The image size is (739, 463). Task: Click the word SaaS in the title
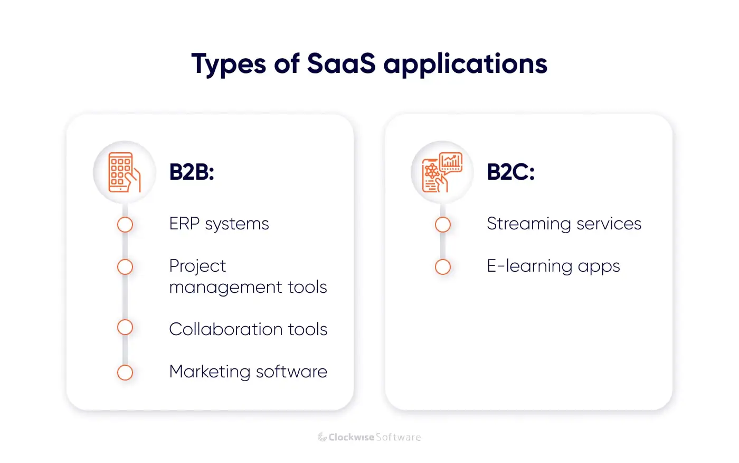[x=341, y=64]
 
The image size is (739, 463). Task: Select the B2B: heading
[x=192, y=172]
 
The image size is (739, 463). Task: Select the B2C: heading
[x=510, y=172]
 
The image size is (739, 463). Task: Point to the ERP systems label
[x=219, y=224]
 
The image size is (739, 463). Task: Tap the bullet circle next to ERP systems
[x=125, y=225]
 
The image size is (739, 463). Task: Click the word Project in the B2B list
[x=197, y=266]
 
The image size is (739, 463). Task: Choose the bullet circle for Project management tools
[x=125, y=267]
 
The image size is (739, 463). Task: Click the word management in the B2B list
[x=225, y=287]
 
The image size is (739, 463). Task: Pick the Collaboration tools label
[x=248, y=329]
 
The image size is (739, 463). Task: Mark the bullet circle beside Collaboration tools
[x=125, y=328]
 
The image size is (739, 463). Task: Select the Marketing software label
[x=248, y=372]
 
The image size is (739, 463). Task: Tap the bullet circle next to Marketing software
[x=125, y=373]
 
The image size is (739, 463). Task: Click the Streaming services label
[x=564, y=224]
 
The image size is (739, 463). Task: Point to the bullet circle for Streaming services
[x=443, y=225]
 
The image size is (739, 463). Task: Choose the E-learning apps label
[x=553, y=266]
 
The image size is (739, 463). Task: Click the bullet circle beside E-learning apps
[x=443, y=267]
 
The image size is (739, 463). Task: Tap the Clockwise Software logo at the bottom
[x=369, y=437]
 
